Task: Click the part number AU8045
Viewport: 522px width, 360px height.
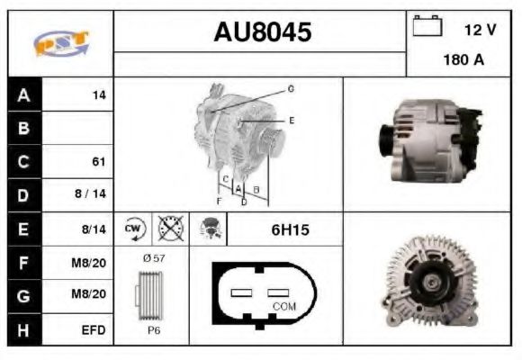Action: (x=262, y=32)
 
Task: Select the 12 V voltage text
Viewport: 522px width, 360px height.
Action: (x=480, y=30)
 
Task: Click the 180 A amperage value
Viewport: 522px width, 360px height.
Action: (x=463, y=60)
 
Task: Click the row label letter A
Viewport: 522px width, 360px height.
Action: (x=24, y=95)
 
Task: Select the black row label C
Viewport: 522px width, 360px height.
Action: (x=24, y=162)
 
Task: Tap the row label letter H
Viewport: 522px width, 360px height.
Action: (x=24, y=330)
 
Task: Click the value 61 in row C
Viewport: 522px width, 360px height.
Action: (x=98, y=162)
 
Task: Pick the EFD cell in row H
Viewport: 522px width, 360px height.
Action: (x=94, y=330)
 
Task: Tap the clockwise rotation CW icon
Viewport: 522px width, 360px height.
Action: (x=132, y=229)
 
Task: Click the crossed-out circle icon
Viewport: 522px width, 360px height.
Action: (x=169, y=229)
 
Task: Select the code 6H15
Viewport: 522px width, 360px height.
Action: (x=290, y=230)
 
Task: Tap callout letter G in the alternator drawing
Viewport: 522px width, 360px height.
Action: (x=291, y=89)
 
